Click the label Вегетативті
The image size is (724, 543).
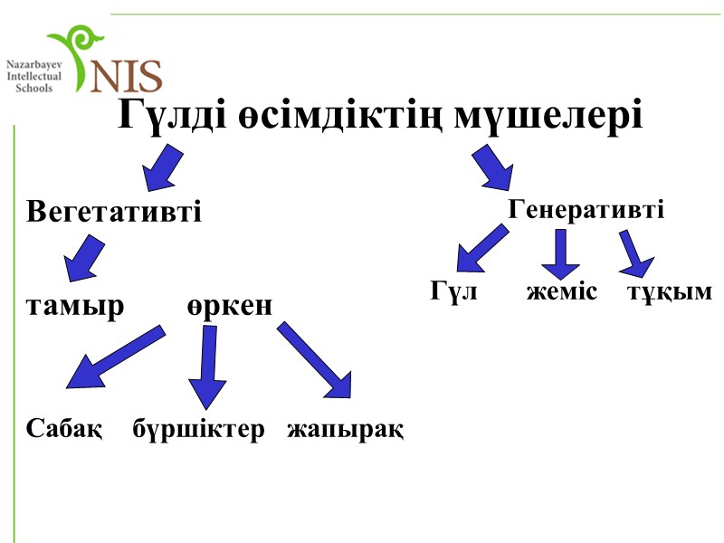coord(114,213)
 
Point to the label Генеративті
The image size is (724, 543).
coord(586,210)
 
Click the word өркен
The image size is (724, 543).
coord(230,307)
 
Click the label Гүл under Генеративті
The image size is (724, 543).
coord(452,292)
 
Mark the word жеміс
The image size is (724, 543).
coord(562,292)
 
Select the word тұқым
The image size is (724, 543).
coord(669,292)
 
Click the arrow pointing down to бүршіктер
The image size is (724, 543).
coord(208,367)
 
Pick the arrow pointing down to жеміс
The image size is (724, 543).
coord(561,253)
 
